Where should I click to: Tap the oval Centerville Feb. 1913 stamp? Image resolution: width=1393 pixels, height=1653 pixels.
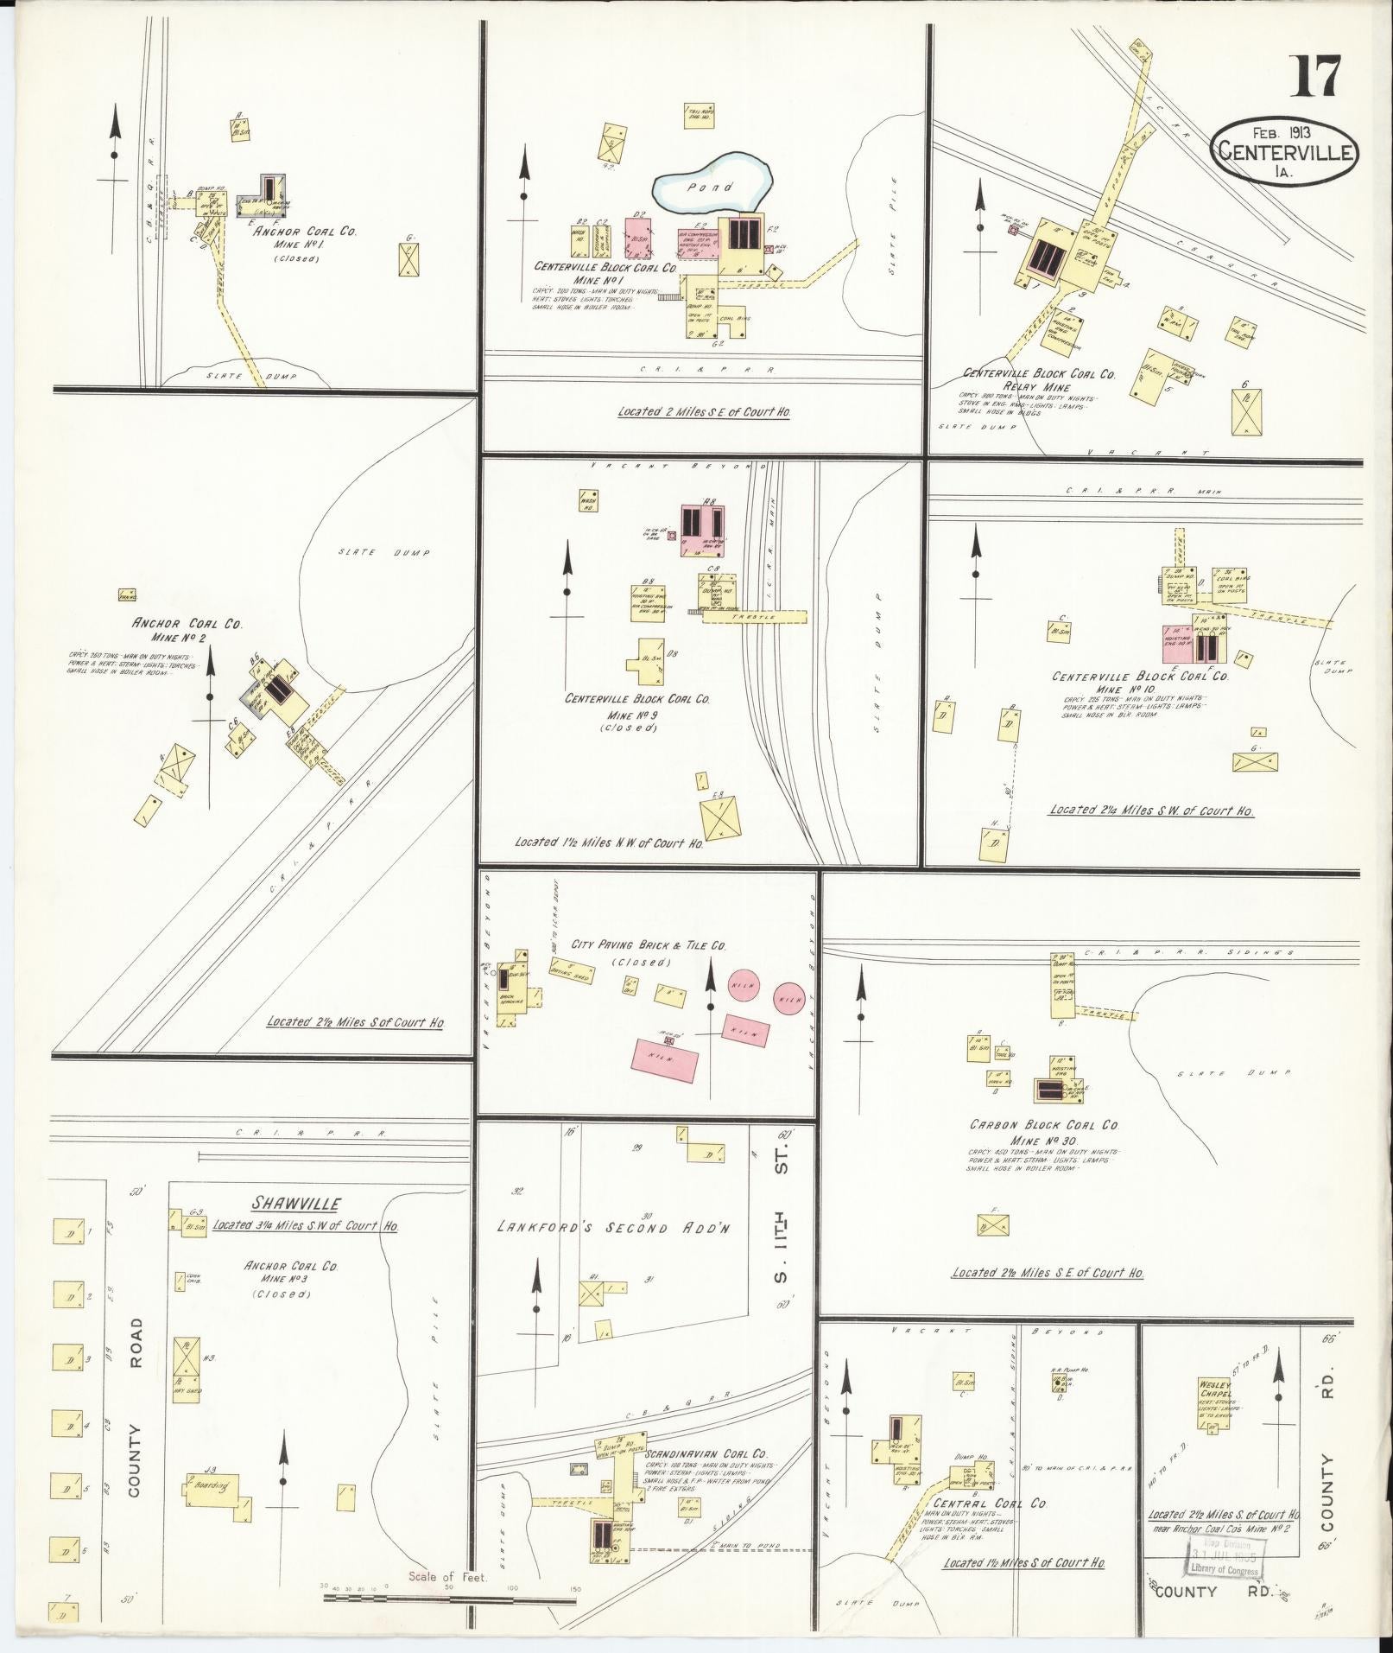pos(1286,153)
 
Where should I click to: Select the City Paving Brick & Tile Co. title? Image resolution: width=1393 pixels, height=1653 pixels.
pos(649,945)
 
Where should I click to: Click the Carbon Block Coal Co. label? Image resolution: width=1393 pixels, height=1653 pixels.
pos(1043,1126)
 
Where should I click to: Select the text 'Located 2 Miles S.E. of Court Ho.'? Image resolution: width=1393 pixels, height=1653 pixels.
pos(704,412)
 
